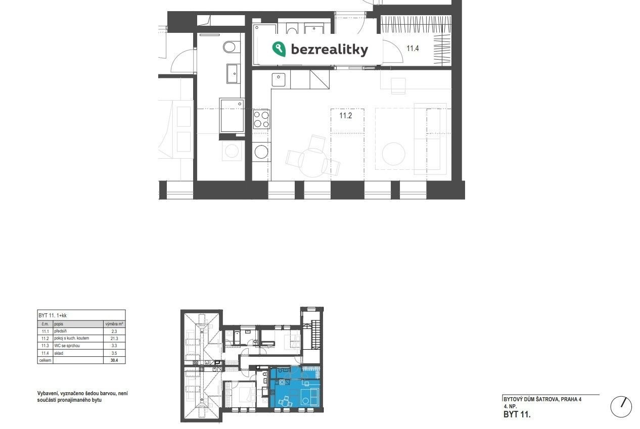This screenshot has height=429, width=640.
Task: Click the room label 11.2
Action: coord(345,116)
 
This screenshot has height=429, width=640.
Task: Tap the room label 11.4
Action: coord(413,49)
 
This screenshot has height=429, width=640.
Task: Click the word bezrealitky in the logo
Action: coord(330,50)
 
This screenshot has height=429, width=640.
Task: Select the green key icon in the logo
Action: coord(279,49)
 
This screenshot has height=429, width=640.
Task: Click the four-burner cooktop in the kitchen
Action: coord(261,119)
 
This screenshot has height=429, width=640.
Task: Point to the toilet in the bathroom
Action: coord(230,47)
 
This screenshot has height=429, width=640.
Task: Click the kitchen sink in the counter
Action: coord(278,80)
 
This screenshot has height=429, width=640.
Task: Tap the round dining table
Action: coord(312,162)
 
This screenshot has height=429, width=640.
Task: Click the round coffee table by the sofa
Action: coord(393,154)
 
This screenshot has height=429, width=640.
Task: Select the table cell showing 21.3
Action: coord(114,339)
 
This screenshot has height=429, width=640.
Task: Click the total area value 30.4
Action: coord(114,360)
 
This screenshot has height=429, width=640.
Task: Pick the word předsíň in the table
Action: coord(61,331)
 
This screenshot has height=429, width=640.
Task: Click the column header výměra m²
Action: coord(114,324)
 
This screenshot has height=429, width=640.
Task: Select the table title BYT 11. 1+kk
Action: coord(53,316)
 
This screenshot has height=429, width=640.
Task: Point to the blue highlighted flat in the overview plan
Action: coord(295,387)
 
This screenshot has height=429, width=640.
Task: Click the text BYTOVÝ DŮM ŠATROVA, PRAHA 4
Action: coord(542,399)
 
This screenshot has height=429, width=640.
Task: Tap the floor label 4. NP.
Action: coord(510,406)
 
